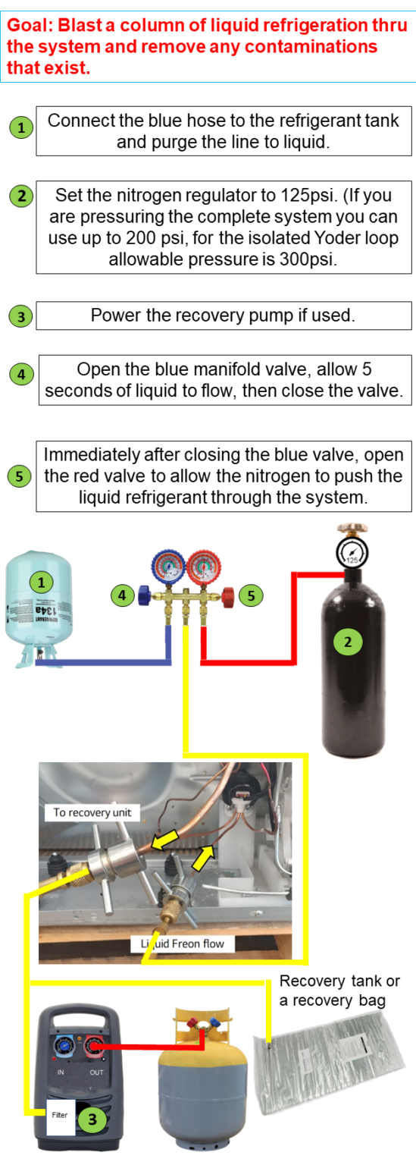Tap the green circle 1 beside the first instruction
21,128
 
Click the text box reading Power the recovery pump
223,316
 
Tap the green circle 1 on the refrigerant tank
42,582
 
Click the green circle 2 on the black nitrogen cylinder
348,642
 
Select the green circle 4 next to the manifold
122,595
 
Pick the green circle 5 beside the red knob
251,595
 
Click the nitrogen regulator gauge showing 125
349,557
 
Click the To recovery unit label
92,812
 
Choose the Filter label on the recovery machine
60,1115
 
